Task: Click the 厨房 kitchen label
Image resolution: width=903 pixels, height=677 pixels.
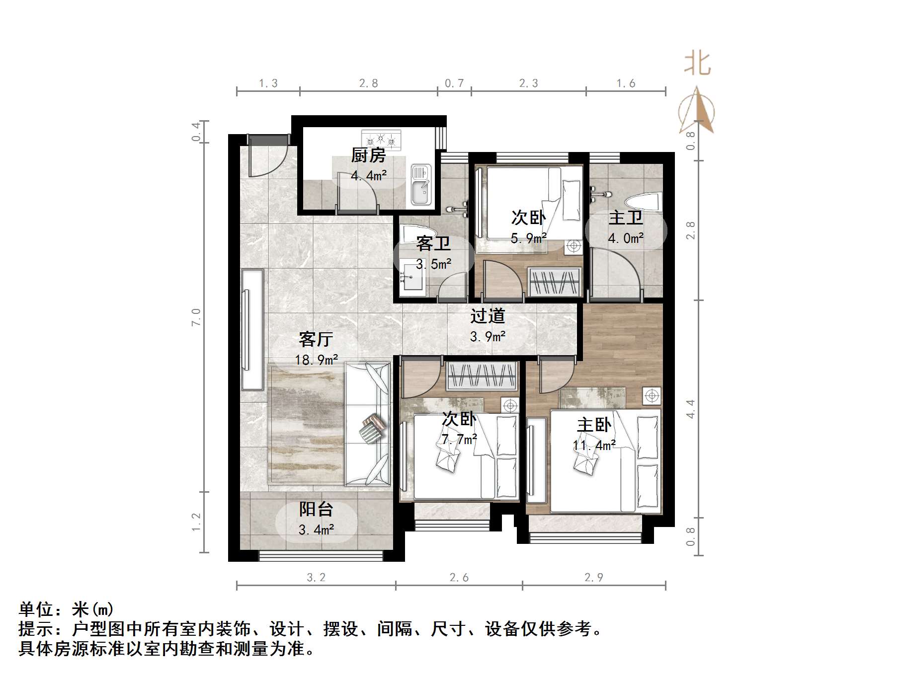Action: click(368, 155)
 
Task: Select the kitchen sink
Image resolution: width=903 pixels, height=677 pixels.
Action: click(421, 185)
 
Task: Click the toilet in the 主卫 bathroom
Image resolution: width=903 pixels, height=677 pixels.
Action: click(643, 202)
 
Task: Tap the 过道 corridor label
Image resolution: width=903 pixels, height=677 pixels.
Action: click(488, 315)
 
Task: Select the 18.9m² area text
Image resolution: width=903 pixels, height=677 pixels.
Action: click(317, 360)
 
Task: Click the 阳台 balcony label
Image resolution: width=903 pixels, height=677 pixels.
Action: click(316, 509)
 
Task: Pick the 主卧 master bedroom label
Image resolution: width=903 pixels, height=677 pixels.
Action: click(594, 425)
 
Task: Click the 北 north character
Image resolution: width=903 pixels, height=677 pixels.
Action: click(698, 64)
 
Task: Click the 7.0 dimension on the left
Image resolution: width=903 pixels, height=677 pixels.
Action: click(196, 316)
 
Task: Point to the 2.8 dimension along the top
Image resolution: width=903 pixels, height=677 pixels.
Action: click(368, 83)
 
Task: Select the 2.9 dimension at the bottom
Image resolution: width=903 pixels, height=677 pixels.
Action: click(593, 577)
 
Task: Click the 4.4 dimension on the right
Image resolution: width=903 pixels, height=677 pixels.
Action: click(690, 408)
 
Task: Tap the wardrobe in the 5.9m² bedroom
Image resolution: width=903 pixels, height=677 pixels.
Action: click(554, 282)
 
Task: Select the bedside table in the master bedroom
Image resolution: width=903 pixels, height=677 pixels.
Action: click(652, 396)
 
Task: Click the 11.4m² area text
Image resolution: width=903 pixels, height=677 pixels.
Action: click(594, 445)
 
